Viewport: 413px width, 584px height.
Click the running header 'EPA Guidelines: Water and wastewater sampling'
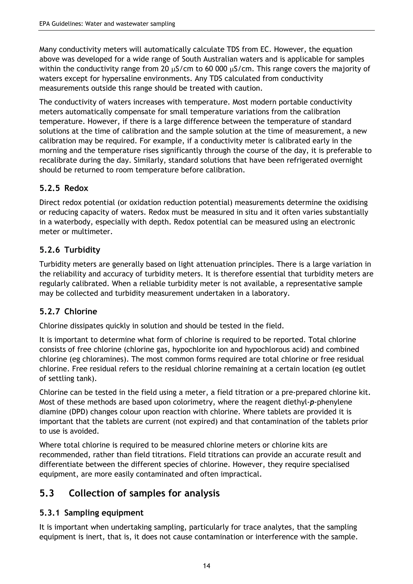click(107, 24)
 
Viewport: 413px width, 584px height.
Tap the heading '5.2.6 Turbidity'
click(70, 250)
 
